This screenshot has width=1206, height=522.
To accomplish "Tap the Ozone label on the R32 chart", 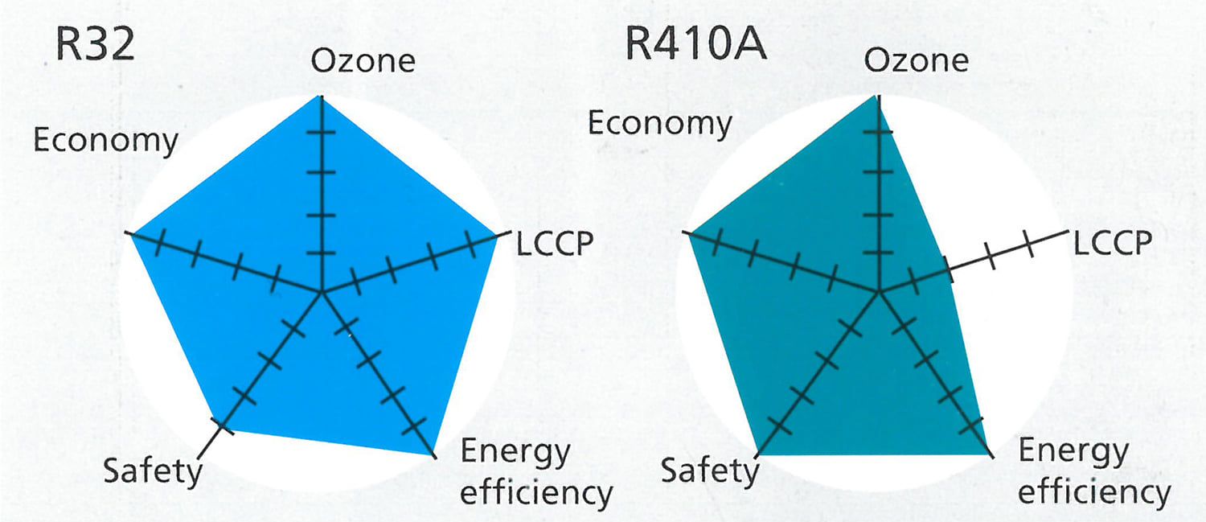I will (363, 61).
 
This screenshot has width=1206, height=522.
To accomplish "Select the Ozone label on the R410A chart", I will (917, 61).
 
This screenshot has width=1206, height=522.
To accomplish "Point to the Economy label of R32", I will (105, 140).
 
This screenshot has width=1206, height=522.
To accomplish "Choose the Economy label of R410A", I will (660, 124).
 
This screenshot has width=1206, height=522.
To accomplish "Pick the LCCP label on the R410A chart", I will (1113, 242).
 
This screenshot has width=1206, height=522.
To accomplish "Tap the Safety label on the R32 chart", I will (153, 470).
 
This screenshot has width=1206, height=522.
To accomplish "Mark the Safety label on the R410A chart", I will (710, 470).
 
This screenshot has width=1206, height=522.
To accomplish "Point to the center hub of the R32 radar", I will (322, 292).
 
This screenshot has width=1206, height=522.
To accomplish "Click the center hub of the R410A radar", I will (880, 292).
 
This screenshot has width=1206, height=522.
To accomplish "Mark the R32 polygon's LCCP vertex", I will (497, 236).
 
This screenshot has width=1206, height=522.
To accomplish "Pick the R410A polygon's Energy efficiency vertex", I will (988, 455).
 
